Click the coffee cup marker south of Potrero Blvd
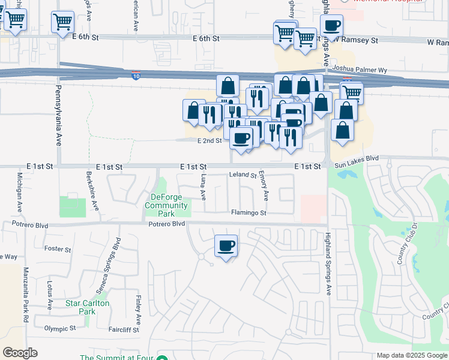click(226, 246)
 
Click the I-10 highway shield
click(136, 75)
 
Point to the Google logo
click(20, 353)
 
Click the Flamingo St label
click(249, 213)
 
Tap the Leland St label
click(243, 175)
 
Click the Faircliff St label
click(124, 330)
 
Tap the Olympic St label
click(60, 329)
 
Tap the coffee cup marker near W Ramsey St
click(331, 27)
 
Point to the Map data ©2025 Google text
click(411, 355)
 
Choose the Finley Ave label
click(139, 309)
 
